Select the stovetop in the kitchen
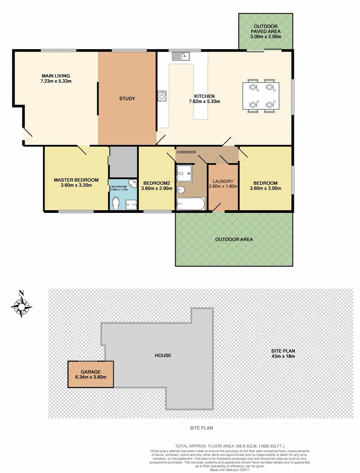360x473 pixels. (162, 96)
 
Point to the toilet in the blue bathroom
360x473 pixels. (116, 203)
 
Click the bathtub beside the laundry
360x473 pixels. (190, 204)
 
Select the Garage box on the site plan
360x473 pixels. (91, 374)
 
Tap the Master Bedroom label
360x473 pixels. (76, 180)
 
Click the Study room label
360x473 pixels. (127, 99)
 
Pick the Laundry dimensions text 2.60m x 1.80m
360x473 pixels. (223, 186)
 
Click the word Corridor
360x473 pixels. (187, 152)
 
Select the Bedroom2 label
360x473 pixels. (156, 183)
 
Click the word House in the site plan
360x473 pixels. (162, 355)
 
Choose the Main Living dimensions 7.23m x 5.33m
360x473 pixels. (56, 81)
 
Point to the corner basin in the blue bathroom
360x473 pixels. (132, 184)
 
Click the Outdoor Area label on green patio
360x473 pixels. (234, 240)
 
